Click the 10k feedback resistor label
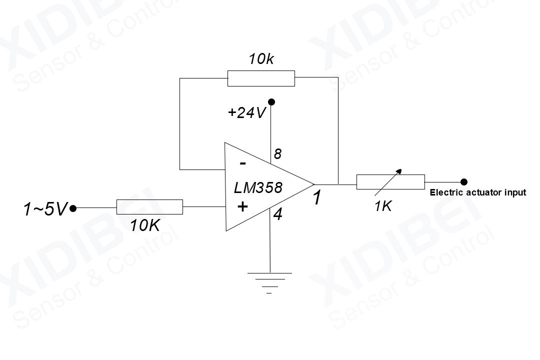click(x=261, y=59)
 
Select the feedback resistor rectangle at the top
click(x=261, y=78)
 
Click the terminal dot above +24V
click(x=271, y=102)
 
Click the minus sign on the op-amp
click(x=242, y=163)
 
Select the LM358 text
click(x=258, y=188)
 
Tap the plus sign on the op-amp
click(x=242, y=206)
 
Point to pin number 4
click(x=278, y=215)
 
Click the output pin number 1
click(x=317, y=198)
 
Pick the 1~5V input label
click(x=44, y=209)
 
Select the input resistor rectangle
click(x=149, y=206)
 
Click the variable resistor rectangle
click(x=390, y=181)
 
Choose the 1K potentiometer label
click(x=383, y=206)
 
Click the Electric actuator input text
click(x=478, y=192)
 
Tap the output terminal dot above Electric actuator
click(x=464, y=181)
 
